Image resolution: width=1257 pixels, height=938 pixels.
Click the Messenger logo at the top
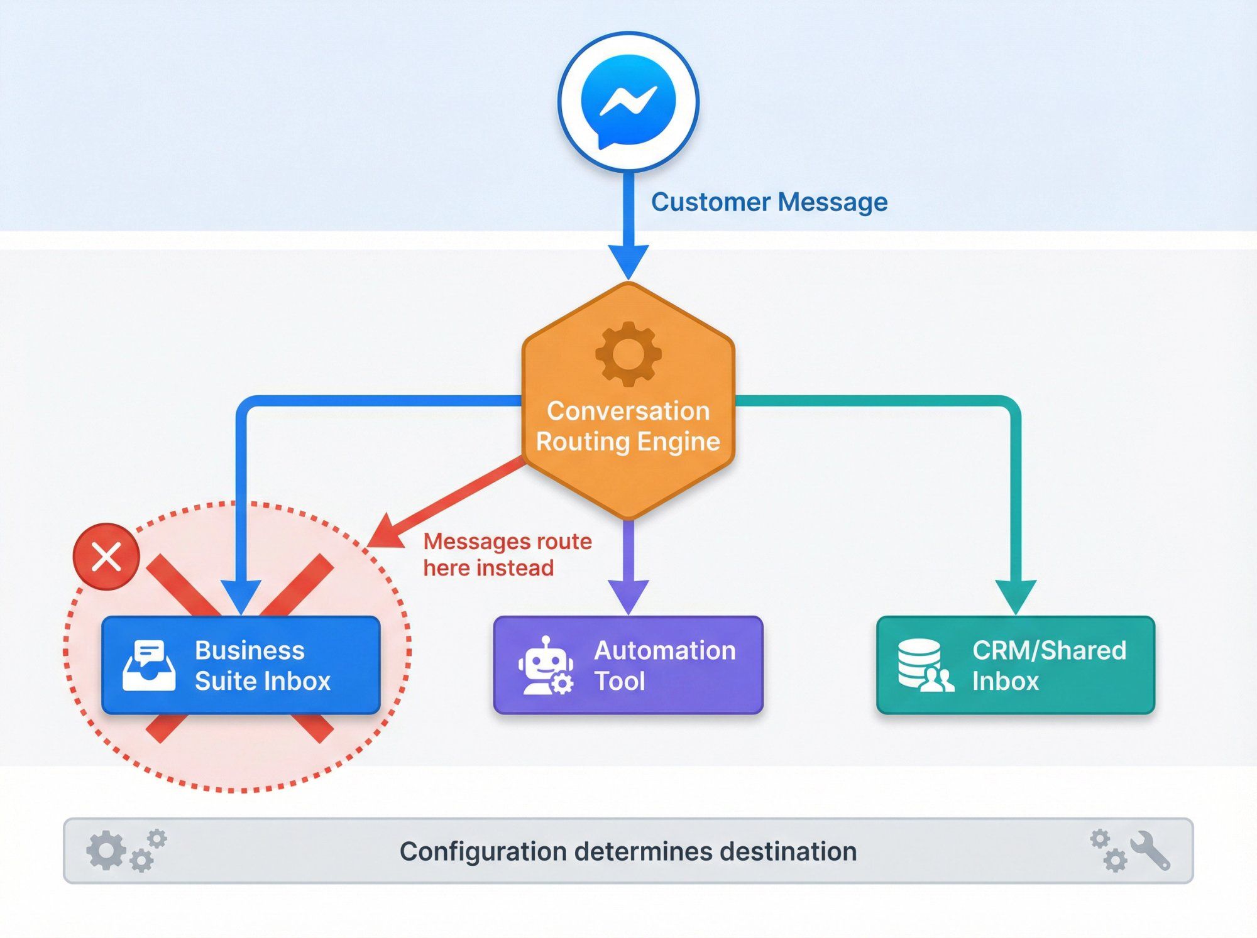click(x=628, y=101)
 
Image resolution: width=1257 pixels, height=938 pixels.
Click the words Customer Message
click(x=769, y=202)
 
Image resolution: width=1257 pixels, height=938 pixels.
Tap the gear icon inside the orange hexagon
click(x=628, y=354)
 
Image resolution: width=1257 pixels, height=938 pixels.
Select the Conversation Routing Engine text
click(x=628, y=426)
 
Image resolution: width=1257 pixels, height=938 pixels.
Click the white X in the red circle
click(x=106, y=557)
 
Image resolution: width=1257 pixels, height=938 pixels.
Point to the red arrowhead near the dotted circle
click(x=385, y=533)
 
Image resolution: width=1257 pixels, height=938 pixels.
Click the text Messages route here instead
click(x=507, y=554)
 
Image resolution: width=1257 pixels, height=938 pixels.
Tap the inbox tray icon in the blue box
click(x=149, y=666)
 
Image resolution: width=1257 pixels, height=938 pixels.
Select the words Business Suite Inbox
click(x=261, y=666)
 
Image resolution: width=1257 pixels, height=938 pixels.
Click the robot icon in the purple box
click(x=545, y=666)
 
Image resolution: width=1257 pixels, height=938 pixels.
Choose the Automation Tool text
click(x=664, y=666)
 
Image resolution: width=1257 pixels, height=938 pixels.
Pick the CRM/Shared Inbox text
click(x=1048, y=666)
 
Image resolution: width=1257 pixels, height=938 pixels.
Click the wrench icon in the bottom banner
click(x=1150, y=851)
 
